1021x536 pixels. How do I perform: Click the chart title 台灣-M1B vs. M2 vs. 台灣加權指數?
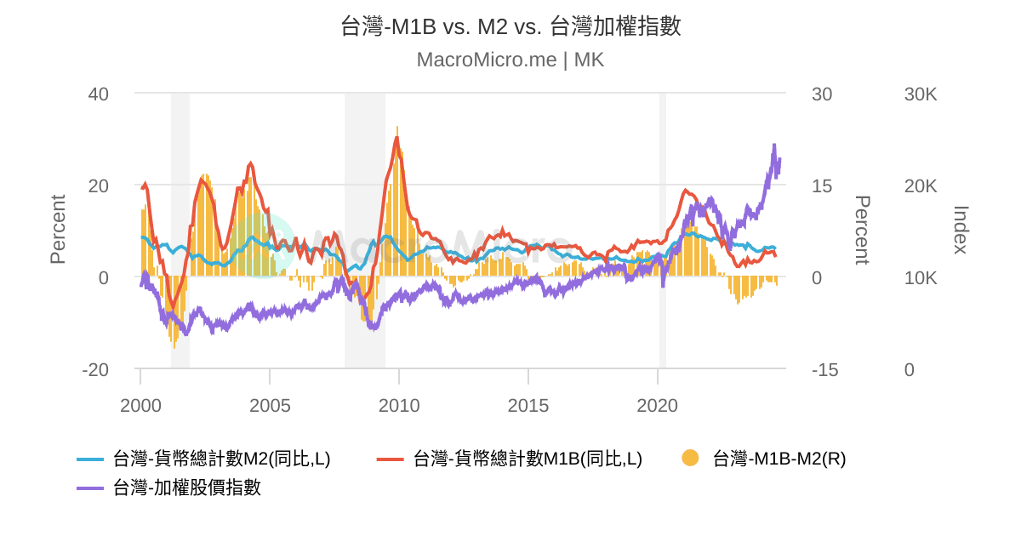(x=510, y=26)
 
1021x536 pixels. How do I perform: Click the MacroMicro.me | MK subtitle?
(x=510, y=60)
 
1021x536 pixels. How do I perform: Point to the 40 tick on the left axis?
(x=99, y=94)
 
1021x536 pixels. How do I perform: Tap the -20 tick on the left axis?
(x=95, y=370)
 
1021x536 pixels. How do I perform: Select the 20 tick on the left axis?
(x=99, y=186)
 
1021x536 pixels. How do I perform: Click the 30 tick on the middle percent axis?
(x=822, y=94)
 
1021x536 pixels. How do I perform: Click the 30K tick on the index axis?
(x=921, y=94)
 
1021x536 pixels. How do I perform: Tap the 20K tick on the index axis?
(x=921, y=186)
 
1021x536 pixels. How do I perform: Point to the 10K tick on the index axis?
(x=921, y=278)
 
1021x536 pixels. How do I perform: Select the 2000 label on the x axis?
(x=140, y=406)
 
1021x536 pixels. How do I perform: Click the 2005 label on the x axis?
(x=270, y=406)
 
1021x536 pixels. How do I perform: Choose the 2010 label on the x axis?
(x=399, y=406)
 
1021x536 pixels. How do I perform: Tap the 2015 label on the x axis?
(x=528, y=406)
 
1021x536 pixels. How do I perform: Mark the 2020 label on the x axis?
(x=658, y=406)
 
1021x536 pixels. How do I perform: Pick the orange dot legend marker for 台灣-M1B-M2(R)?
(x=690, y=459)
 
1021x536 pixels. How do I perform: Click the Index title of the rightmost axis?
(x=961, y=230)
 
